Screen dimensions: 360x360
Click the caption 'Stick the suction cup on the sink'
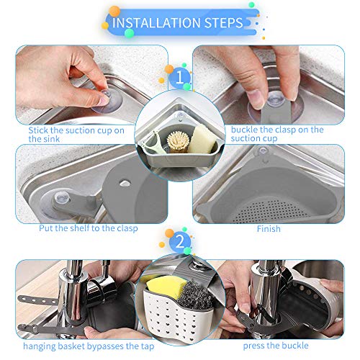click(x=76, y=134)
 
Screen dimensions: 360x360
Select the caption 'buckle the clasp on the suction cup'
click(x=277, y=134)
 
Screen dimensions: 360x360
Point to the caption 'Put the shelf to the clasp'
click(x=89, y=228)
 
